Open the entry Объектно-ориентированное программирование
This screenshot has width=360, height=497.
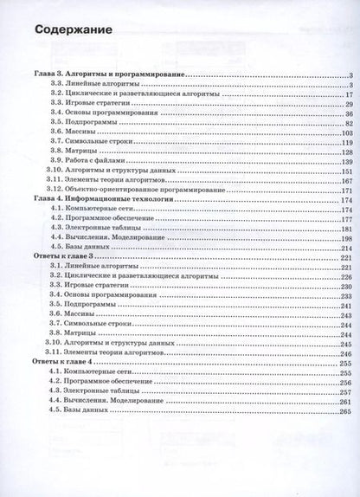point(143,186)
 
